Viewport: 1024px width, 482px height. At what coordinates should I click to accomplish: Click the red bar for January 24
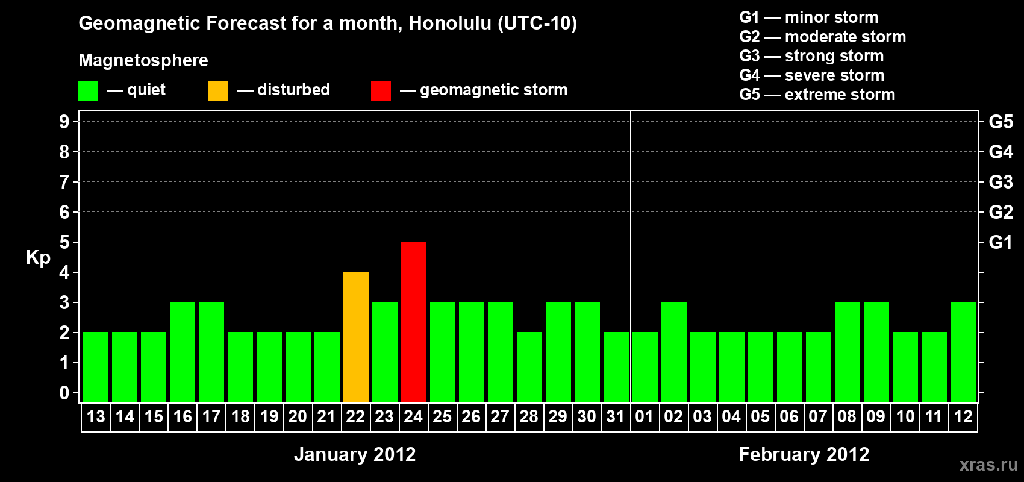pos(414,322)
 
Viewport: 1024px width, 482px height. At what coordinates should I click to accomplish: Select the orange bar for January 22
pos(356,337)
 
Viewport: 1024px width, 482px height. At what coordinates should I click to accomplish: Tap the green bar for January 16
pos(183,352)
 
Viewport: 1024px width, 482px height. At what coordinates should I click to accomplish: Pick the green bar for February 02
pos(674,352)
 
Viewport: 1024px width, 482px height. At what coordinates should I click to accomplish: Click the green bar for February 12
pos(963,352)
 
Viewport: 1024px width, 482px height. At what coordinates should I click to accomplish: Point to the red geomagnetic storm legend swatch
pos(381,90)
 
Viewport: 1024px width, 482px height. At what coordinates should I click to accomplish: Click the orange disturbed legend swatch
pos(219,90)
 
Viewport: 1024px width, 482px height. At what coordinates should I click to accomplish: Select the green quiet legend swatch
pos(88,90)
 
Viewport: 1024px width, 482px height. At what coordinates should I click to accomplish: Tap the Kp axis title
pos(38,258)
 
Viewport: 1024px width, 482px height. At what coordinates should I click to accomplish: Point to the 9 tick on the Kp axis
pos(64,122)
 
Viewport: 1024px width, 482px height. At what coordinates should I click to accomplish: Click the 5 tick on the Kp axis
pos(64,242)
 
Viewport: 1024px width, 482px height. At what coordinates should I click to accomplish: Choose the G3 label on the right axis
pos(1001,182)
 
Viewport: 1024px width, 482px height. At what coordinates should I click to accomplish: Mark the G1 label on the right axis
pos(1001,242)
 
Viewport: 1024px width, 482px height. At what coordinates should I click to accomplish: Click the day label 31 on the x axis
pos(616,416)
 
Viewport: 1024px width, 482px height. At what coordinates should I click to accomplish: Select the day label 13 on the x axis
pos(96,416)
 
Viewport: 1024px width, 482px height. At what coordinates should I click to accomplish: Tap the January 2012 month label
pos(355,454)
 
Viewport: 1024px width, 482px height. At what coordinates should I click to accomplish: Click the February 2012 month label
pos(804,454)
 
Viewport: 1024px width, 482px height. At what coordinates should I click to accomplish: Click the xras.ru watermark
pos(988,465)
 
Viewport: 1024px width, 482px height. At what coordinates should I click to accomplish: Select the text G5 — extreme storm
pos(817,95)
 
